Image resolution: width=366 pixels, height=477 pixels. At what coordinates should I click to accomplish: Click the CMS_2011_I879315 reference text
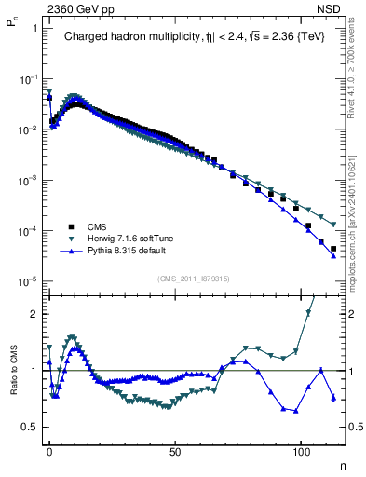coord(193,279)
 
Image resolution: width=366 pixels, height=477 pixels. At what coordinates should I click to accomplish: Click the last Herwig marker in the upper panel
coord(332,225)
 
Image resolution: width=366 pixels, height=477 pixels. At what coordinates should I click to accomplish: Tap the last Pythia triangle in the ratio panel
coord(332,398)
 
